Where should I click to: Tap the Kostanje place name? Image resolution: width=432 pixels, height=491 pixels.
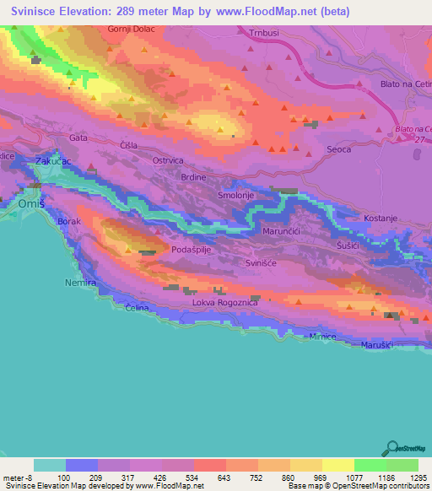[380, 218]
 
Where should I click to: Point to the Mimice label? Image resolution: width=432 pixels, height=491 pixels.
[322, 337]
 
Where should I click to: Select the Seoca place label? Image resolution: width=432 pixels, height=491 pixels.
[338, 149]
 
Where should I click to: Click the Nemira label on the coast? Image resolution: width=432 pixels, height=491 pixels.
[81, 283]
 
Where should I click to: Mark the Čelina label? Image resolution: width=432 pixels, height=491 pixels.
[137, 308]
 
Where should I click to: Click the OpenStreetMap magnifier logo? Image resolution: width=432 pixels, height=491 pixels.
[391, 448]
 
